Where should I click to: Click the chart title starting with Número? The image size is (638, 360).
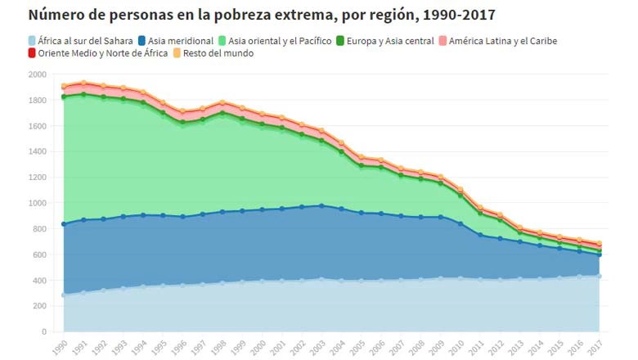tap(261, 15)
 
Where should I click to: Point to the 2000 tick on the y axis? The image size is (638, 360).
tap(38, 74)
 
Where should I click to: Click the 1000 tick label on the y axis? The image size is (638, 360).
tap(38, 203)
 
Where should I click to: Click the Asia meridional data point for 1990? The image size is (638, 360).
tap(64, 224)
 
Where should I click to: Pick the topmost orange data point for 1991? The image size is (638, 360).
tap(83, 83)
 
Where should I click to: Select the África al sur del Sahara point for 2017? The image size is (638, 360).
tap(600, 277)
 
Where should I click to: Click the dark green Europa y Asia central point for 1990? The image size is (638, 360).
tap(64, 97)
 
